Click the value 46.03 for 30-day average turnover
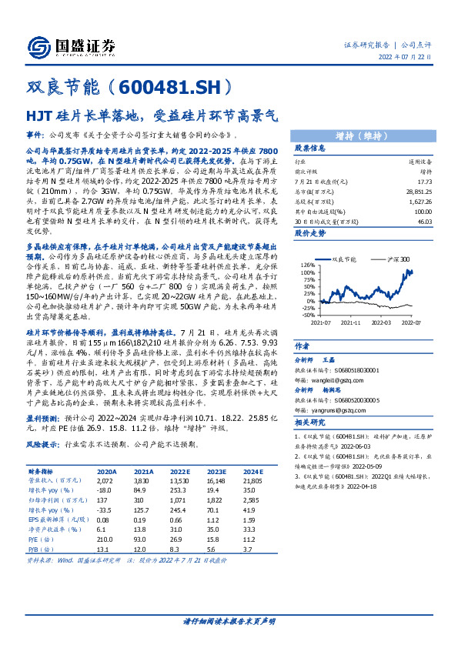click(x=424, y=221)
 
